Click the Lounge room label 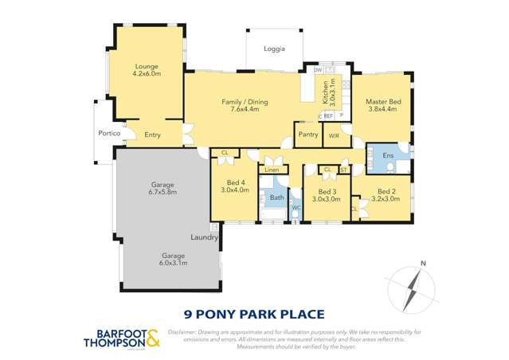(x=146, y=66)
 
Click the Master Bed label (x=382, y=102)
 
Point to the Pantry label (x=307, y=135)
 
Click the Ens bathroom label (x=388, y=155)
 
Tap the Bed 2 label (x=386, y=191)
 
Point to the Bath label (x=276, y=197)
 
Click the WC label (x=295, y=209)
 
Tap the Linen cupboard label (x=272, y=170)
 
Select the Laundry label (x=205, y=237)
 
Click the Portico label (x=108, y=133)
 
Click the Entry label (x=152, y=135)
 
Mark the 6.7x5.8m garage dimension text (x=162, y=192)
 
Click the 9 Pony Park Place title (x=254, y=313)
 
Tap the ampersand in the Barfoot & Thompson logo (x=154, y=338)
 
